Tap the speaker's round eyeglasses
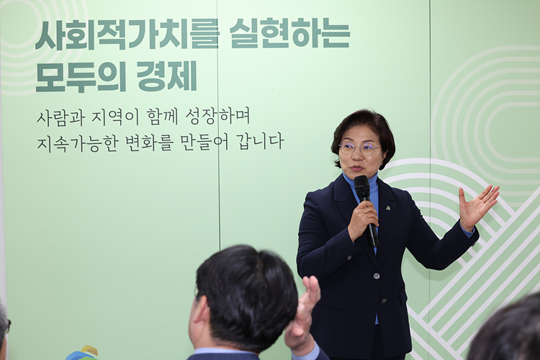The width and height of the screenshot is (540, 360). coord(360,149)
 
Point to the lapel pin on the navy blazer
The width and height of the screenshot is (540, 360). coord(388,208)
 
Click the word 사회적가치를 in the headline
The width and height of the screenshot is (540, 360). coord(127,35)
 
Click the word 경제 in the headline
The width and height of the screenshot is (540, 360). coord(167,76)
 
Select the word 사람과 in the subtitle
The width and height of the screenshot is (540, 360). coord(60,117)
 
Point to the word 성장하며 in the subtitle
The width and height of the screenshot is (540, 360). coord(217,117)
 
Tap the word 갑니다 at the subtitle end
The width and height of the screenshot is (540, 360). coord(260,141)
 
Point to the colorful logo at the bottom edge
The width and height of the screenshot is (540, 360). coord(82,353)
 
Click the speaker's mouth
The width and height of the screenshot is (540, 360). coord(357,168)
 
